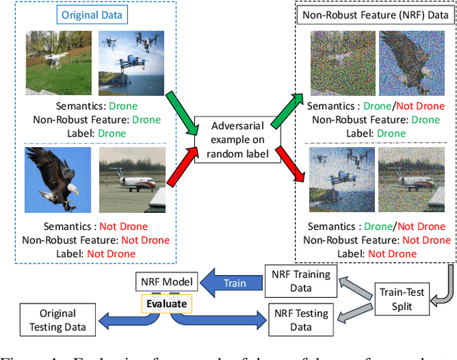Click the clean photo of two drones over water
click(x=131, y=60)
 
